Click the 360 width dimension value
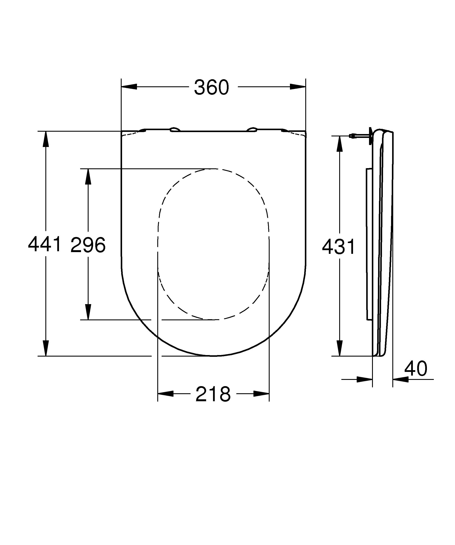click(211, 87)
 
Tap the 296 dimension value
click(88, 245)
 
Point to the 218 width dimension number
click(213, 394)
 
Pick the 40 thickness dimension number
click(416, 369)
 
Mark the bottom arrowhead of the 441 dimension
click(46, 348)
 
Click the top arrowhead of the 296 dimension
click(88, 177)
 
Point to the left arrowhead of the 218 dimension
click(166, 394)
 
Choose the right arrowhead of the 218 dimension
click(261, 394)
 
